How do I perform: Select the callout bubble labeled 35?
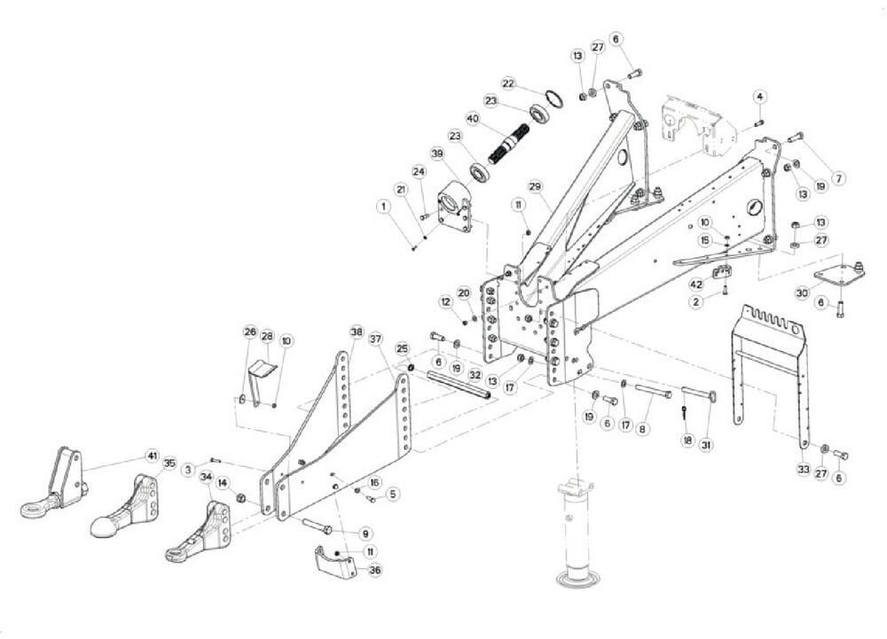(169, 463)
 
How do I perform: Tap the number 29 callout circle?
(535, 186)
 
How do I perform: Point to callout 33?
(804, 469)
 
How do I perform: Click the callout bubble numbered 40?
(472, 118)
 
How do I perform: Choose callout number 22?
(508, 83)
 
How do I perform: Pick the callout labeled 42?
(696, 284)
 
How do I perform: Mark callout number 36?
(375, 571)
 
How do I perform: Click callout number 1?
(384, 207)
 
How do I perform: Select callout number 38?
(357, 332)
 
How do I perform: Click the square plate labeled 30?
(839, 275)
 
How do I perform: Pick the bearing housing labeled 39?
(456, 205)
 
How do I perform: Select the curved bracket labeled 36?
(335, 561)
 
